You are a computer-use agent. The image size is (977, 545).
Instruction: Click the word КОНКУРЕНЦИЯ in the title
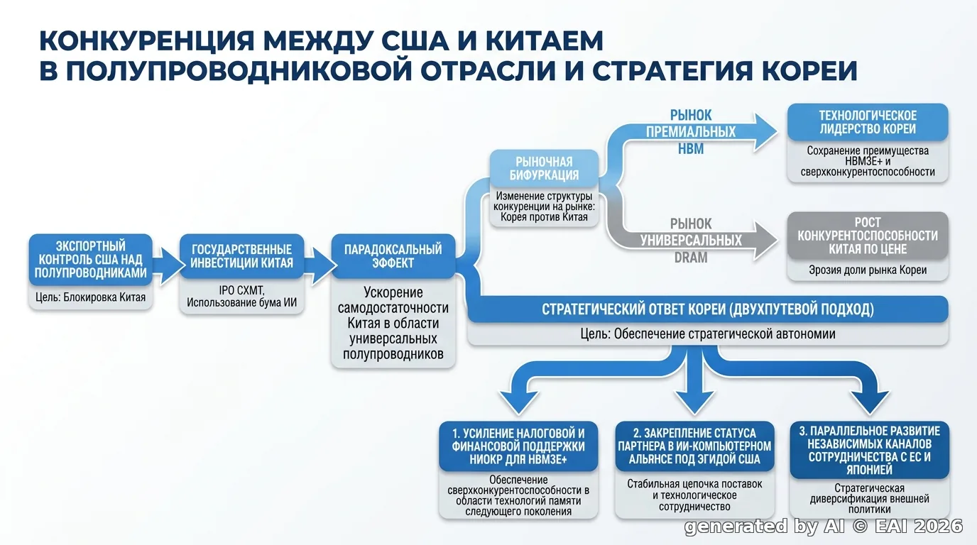[x=147, y=41]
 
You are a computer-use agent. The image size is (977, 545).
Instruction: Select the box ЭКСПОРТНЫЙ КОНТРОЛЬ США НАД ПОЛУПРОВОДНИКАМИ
[x=91, y=260]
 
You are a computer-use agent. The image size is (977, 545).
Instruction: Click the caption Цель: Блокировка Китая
[x=91, y=297]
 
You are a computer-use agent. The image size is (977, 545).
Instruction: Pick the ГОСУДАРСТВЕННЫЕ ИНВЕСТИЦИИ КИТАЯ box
[x=241, y=256]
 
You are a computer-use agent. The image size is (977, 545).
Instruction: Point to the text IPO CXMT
[x=241, y=290]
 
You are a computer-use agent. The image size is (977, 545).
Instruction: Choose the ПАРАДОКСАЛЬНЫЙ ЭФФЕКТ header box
[x=393, y=256]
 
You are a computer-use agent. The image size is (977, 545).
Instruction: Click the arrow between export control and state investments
[x=168, y=265]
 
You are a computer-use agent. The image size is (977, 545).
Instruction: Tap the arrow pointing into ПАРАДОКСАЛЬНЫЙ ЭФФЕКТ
[x=320, y=265]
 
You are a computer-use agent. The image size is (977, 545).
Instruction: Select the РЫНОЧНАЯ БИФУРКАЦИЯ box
[x=544, y=169]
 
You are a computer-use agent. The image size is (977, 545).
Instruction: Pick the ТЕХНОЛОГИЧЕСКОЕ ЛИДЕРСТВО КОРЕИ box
[x=868, y=122]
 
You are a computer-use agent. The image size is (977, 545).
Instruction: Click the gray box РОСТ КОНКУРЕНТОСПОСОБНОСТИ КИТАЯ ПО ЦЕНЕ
[x=868, y=236]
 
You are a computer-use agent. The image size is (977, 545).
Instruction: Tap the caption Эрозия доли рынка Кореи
[x=868, y=270]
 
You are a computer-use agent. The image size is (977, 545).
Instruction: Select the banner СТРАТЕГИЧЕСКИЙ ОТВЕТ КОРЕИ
[x=707, y=309]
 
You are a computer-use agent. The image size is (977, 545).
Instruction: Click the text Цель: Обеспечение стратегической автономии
[x=707, y=334]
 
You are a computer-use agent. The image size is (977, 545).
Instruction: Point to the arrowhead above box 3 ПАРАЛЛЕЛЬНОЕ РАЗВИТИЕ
[x=870, y=402]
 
